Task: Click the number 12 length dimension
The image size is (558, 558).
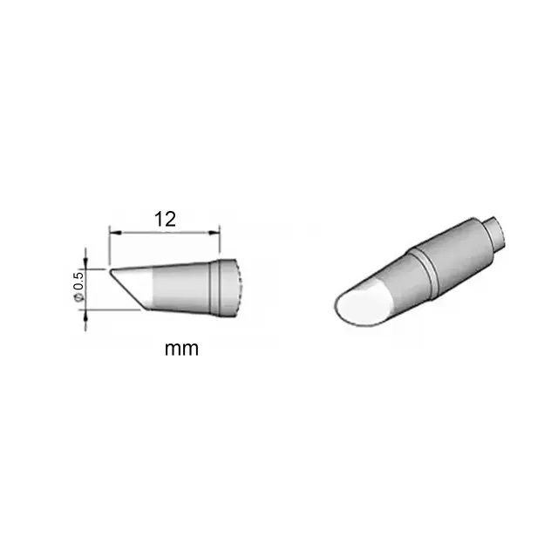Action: tap(165, 219)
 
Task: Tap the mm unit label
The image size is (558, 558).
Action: tap(181, 349)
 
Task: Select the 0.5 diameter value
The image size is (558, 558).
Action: tap(78, 281)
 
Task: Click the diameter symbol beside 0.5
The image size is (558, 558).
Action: tap(78, 296)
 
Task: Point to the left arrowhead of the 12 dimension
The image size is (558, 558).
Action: tap(115, 233)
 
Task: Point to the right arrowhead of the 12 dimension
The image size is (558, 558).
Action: tap(214, 233)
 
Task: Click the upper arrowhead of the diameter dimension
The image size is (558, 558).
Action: tap(85, 262)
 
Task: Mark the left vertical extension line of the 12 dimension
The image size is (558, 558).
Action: tap(109, 246)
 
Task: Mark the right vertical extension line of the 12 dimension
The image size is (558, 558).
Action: tap(220, 243)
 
